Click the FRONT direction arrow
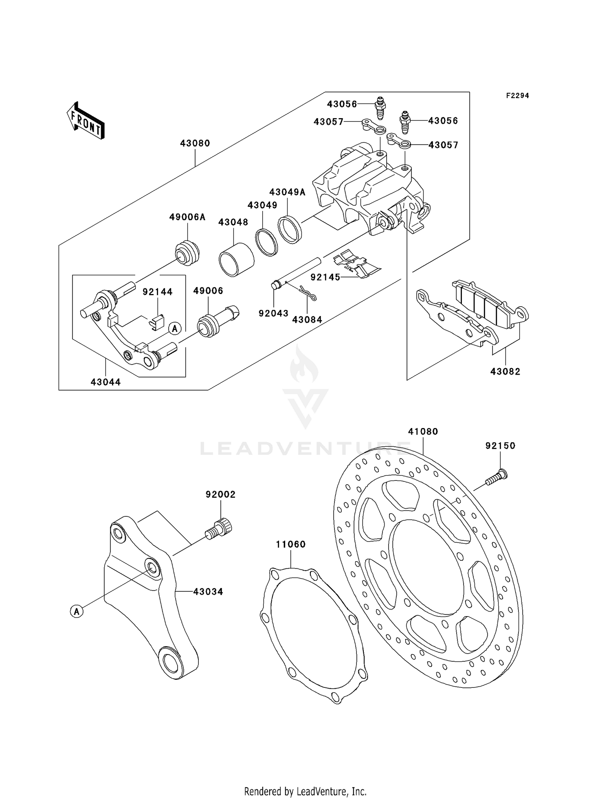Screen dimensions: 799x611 (x=86, y=121)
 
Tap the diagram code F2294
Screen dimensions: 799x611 (x=517, y=96)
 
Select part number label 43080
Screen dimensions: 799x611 (x=195, y=143)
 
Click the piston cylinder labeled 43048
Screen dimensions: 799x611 (x=236, y=260)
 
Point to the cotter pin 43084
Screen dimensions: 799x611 (x=308, y=293)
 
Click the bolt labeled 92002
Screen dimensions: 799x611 (x=220, y=529)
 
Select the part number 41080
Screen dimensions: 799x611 (x=423, y=432)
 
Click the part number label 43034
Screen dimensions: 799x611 (x=208, y=592)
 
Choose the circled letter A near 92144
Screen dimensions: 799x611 (x=175, y=328)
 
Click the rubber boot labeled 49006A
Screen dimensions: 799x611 (x=187, y=253)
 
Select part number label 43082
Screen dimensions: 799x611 (x=505, y=372)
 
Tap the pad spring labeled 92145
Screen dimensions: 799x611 (x=356, y=265)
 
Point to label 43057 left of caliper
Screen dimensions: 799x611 (x=328, y=121)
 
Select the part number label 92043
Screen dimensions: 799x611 (x=273, y=314)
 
